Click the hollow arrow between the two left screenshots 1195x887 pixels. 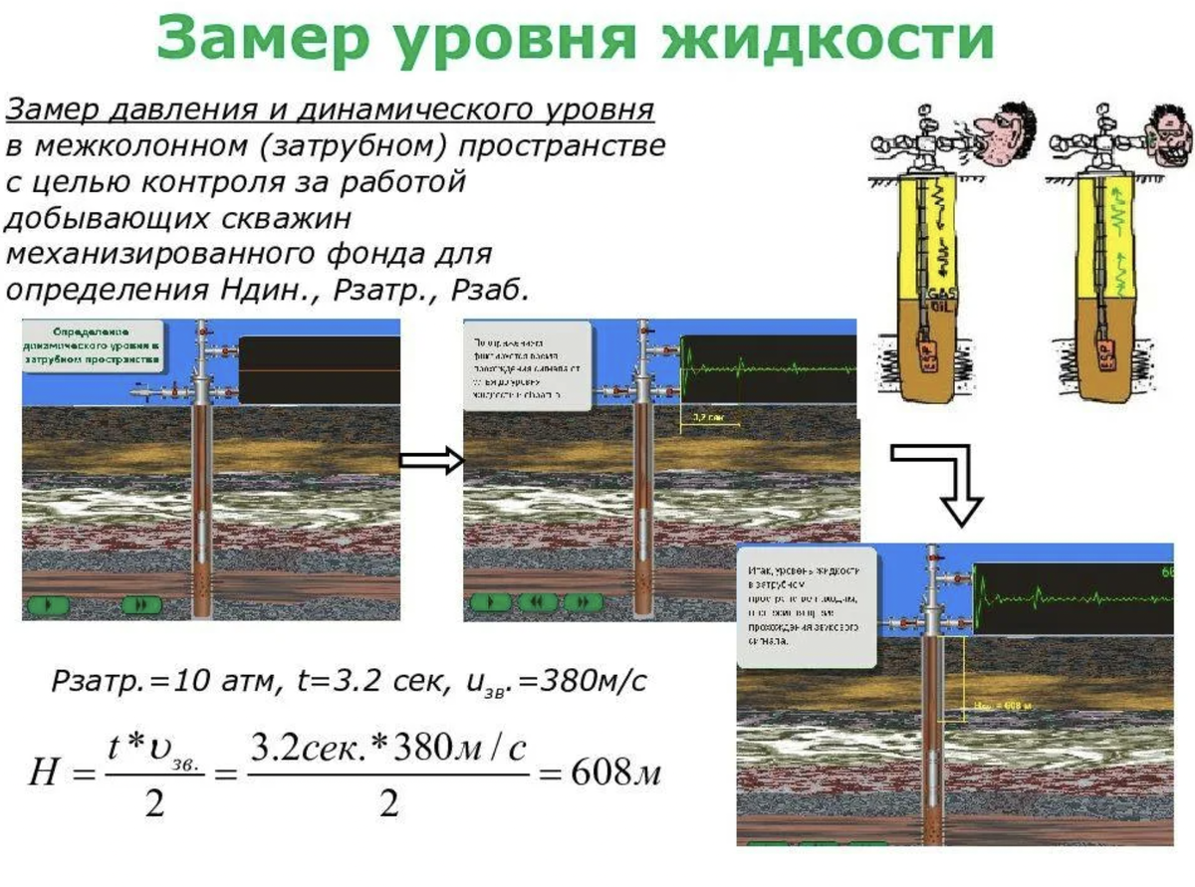point(431,460)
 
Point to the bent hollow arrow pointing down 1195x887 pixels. point(942,477)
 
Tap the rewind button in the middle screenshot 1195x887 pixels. point(539,601)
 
